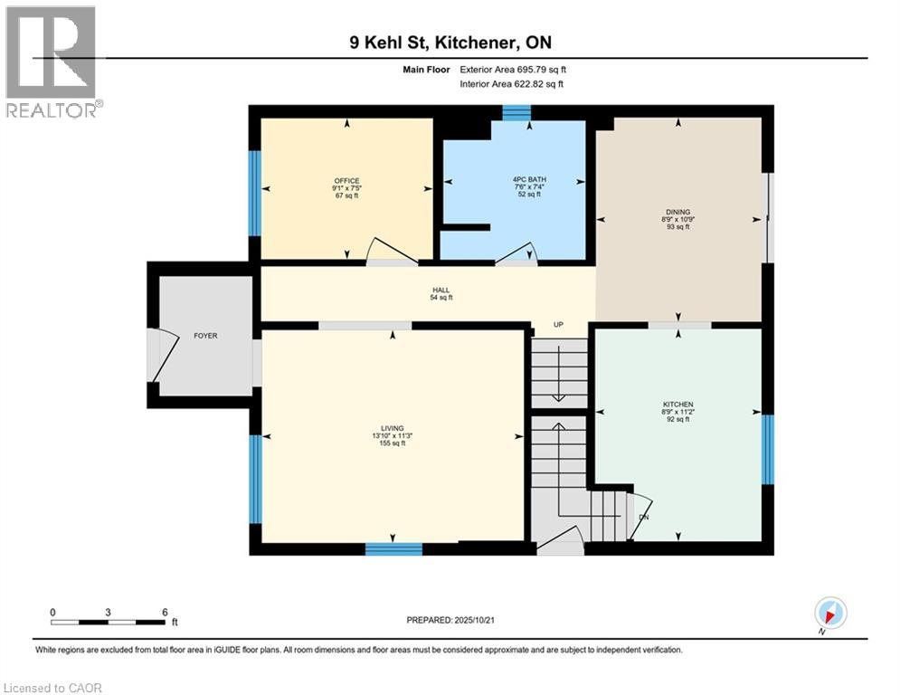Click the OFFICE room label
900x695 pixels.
click(346, 181)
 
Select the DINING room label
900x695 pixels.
click(677, 211)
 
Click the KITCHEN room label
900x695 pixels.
click(677, 404)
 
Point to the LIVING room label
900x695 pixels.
click(392, 428)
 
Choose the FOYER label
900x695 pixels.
click(205, 336)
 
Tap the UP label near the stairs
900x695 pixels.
click(560, 324)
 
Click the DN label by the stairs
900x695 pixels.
click(643, 518)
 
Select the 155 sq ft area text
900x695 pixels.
click(392, 443)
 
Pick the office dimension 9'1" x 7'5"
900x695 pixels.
click(346, 188)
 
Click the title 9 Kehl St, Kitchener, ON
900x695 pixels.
click(449, 43)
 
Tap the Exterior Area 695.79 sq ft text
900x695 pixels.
click(514, 69)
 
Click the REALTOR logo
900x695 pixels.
click(53, 62)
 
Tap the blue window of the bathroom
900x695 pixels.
click(516, 112)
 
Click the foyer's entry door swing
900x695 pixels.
click(161, 354)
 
